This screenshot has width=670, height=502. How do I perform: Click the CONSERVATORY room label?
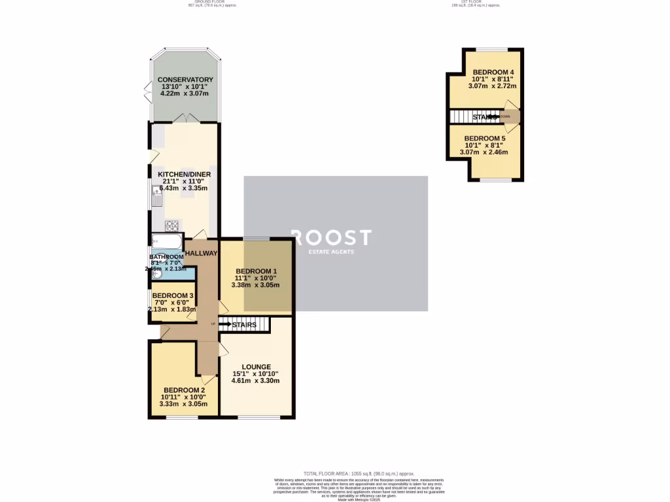[185, 80]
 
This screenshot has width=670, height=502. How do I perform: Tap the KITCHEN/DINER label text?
[183, 175]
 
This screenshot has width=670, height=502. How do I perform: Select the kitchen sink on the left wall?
[157, 194]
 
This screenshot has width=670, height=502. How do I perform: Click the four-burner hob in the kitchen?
[173, 226]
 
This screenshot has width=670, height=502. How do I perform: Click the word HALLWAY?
[201, 253]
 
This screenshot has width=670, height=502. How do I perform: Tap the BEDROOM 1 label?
[256, 271]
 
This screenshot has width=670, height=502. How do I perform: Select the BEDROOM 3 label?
[173, 295]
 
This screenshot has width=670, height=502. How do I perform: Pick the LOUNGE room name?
[256, 367]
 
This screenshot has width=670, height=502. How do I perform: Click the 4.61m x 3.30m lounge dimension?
[256, 381]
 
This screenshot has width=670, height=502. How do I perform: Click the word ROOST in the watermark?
[331, 237]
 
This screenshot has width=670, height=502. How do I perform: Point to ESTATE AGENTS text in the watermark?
[331, 252]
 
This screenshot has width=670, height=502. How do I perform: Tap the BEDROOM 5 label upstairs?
[485, 139]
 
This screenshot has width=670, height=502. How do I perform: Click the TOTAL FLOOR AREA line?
[359, 473]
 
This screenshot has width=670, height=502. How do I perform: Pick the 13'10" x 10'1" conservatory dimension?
[185, 87]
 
